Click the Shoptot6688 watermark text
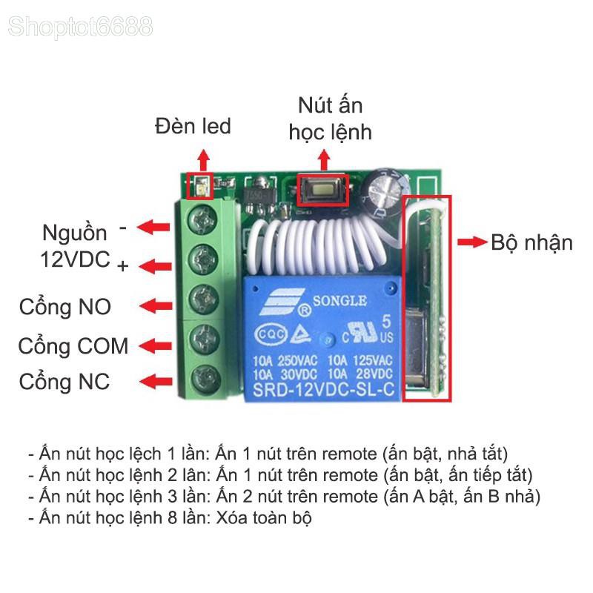[80, 27]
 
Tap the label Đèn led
[193, 126]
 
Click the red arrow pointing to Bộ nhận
[472, 242]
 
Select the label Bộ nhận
[531, 243]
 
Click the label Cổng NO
[65, 306]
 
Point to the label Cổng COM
[73, 346]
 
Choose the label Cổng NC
[64, 381]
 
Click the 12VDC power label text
[76, 259]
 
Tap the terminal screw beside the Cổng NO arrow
[204, 299]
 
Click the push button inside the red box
[322, 190]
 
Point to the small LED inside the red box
[200, 187]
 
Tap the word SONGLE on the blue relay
[339, 301]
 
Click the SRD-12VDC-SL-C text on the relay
[323, 390]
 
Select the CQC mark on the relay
[271, 335]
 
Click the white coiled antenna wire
[318, 246]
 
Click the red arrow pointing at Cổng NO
[156, 305]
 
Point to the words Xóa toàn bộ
[264, 518]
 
